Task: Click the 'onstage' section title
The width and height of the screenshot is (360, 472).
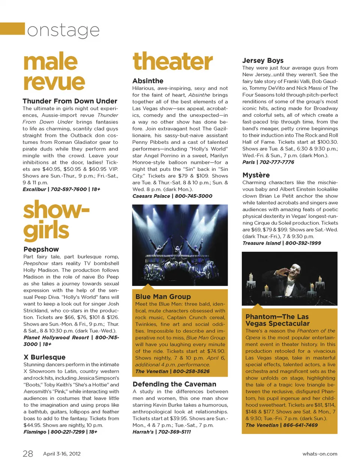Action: tap(63, 30)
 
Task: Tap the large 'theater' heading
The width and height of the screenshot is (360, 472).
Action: tap(172, 62)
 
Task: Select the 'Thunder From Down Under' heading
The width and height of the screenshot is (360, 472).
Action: tap(70, 101)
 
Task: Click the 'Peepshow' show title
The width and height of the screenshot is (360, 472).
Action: tap(41, 249)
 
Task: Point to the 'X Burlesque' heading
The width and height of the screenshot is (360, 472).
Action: tap(44, 357)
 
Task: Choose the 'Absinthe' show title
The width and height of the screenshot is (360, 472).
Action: tap(148, 81)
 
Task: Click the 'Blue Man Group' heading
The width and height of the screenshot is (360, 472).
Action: tap(163, 297)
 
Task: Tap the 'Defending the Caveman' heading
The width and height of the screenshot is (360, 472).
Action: tap(174, 384)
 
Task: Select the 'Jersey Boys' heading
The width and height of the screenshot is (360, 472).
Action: tap(262, 61)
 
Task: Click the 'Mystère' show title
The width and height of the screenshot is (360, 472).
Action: tap(256, 175)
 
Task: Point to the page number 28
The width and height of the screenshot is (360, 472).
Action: tap(28, 454)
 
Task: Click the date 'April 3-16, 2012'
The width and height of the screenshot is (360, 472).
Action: tap(62, 454)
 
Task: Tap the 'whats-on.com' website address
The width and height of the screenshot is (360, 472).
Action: tap(319, 454)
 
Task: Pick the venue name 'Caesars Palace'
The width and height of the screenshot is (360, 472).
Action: tap(151, 196)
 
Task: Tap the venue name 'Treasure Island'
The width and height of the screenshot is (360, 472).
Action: tap(261, 243)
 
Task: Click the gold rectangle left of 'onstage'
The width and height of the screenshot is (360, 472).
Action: tap(12, 29)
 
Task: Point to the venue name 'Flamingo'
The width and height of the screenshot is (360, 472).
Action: tap(35, 432)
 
